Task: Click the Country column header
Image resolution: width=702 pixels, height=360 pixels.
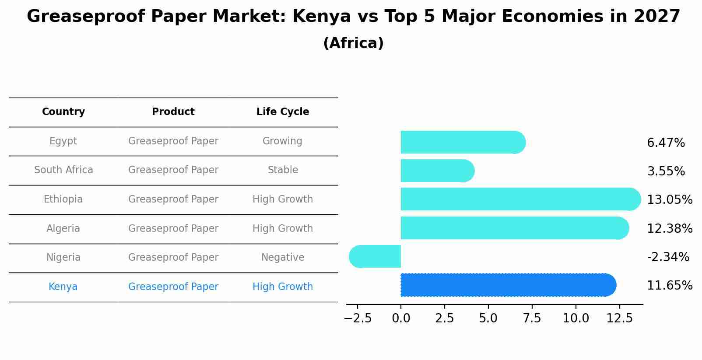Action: [63, 112]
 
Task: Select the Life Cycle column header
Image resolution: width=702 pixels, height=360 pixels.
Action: [283, 112]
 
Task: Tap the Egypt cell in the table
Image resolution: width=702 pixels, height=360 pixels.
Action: [63, 141]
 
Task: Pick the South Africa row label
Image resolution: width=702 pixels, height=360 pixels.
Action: [63, 170]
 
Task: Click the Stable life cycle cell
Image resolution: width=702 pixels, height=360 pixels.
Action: [283, 170]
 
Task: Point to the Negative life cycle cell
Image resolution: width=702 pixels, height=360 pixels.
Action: [283, 258]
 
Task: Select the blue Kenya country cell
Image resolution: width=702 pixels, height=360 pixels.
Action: [63, 287]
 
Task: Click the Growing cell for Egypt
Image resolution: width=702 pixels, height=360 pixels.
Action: [282, 141]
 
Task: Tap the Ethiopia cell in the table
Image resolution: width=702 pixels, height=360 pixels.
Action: [63, 199]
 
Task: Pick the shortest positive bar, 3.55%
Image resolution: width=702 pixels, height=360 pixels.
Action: [437, 171]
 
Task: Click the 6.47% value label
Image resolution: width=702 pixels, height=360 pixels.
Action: [666, 143]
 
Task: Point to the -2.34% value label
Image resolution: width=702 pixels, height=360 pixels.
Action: [668, 257]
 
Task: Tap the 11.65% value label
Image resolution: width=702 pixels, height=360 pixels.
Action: [670, 286]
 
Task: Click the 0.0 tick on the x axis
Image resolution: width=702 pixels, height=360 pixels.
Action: [401, 318]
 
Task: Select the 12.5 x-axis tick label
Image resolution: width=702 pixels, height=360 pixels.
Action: [619, 318]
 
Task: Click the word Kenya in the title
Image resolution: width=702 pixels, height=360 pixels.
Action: [322, 17]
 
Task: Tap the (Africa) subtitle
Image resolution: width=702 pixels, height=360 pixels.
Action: [353, 43]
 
